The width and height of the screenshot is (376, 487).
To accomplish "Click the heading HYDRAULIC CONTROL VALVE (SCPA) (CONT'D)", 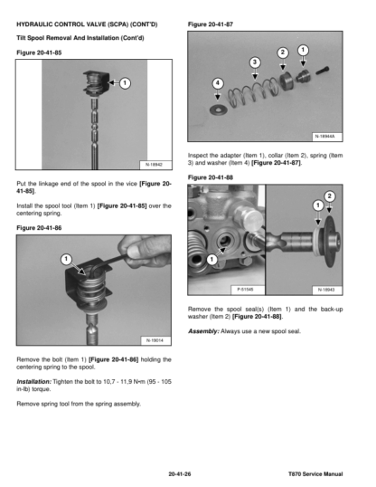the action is [x=87, y=24].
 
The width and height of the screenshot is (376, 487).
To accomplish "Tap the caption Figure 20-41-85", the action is [x=39, y=53].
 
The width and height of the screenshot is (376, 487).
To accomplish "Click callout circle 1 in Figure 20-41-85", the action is [x=125, y=83].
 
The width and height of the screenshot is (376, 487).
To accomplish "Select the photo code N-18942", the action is [x=155, y=165].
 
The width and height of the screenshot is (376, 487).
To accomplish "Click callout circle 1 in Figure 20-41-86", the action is [x=66, y=259].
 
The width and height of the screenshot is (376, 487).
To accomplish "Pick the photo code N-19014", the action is [x=155, y=340].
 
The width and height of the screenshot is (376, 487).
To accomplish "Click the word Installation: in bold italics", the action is [x=33, y=382].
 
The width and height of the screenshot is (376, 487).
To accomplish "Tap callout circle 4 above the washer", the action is [x=218, y=83].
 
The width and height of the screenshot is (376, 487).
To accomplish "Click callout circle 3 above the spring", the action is [x=255, y=62].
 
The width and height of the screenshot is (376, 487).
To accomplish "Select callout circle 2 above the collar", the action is [x=282, y=53].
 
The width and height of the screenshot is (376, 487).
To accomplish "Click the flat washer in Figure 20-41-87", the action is [x=219, y=110].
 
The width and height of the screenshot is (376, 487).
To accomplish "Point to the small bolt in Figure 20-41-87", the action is [x=323, y=71].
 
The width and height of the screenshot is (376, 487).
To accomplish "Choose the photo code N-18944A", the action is [x=325, y=137].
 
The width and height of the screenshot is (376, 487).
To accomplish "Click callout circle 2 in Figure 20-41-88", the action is [x=330, y=196].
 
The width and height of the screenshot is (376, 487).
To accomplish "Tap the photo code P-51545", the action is [x=245, y=290].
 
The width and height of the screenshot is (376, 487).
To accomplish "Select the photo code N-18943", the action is [x=326, y=290].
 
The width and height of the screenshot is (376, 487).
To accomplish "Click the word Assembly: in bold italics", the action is [x=203, y=331].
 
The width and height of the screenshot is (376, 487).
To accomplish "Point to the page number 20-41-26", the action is [x=180, y=474].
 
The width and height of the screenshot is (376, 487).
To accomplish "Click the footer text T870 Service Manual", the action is [x=315, y=474].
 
